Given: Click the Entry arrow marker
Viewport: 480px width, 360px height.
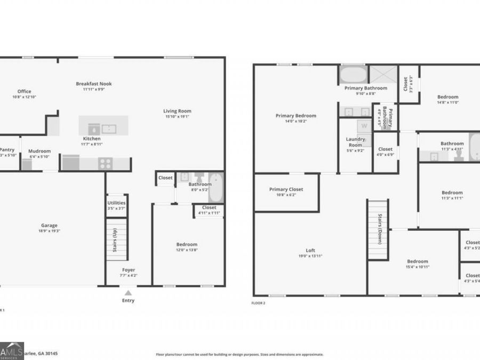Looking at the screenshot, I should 127,292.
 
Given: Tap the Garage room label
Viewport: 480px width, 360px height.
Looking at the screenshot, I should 49,225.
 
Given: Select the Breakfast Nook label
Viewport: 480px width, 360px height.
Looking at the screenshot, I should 93,84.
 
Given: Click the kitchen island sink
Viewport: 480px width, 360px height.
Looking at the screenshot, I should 109,129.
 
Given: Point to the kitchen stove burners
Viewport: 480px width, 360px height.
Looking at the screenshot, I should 105,164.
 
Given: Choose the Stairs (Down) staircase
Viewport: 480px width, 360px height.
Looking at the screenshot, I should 377,229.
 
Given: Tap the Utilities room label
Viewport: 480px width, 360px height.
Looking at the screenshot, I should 116,203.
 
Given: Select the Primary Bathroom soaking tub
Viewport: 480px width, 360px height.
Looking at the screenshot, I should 353,74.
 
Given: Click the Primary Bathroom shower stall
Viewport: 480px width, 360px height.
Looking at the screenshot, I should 383,75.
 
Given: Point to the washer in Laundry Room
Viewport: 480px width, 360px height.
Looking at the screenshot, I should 364,126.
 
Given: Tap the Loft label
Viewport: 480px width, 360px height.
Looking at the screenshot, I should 310,251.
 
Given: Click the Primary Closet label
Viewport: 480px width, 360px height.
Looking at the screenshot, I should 286,189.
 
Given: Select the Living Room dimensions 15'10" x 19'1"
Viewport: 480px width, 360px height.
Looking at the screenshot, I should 177,116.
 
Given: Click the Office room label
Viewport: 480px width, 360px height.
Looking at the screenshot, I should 24,91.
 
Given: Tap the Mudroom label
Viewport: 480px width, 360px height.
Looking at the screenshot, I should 39,151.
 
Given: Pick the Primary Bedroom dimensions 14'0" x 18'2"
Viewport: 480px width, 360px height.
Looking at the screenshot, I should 295,121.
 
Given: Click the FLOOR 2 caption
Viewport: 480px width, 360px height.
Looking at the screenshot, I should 258,303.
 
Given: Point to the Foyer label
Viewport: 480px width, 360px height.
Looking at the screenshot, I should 128,270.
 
